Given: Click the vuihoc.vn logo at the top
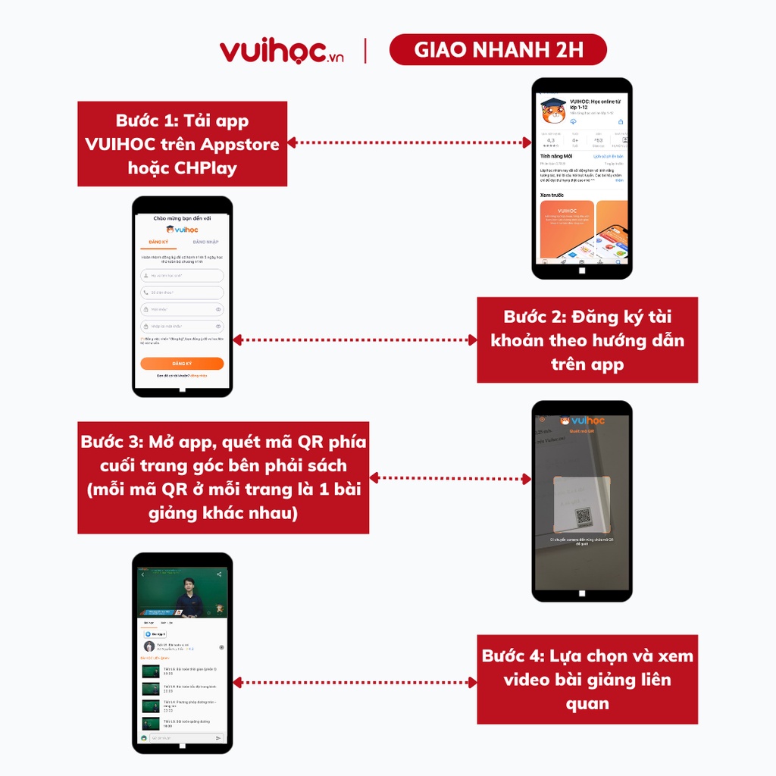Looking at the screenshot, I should pos(281,51).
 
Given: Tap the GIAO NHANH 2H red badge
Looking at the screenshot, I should pos(498,50).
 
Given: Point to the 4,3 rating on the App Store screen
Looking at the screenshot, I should pos(550,140).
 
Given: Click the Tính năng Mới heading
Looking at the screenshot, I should pos(556,156).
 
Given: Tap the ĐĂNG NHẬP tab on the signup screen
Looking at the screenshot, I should pos(205,242).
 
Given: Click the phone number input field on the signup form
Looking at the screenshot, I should pos(182,293).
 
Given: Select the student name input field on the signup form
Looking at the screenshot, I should pos(182,276).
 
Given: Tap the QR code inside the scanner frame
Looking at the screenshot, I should pos(583,517).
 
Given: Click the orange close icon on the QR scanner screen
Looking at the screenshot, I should pos(542,419).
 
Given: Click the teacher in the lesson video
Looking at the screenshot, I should pos(188,597).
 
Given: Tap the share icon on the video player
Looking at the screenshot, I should pos(219,574).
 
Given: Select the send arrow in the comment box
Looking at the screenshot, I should pos(218,737).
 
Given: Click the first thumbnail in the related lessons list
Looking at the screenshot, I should pos(150,671).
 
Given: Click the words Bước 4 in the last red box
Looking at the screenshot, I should pos(508,656).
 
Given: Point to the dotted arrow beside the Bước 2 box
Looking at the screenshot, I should pos(354,340).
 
